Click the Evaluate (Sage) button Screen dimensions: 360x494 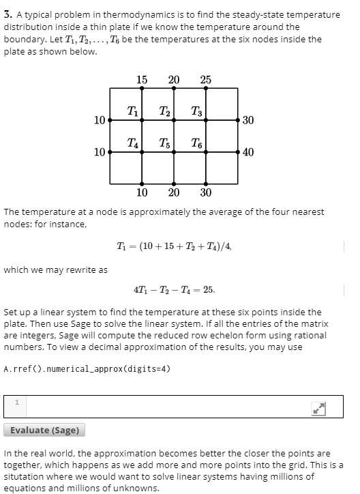pos(45,430)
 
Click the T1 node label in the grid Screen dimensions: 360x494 pos(132,111)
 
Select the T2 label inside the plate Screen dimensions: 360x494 pos(164,111)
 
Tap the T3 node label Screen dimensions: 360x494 pos(196,111)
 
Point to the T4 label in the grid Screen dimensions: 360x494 pos(133,143)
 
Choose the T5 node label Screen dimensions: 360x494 pos(164,143)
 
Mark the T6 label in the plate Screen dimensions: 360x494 pos(196,143)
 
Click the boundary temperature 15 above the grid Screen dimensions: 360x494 pos(141,80)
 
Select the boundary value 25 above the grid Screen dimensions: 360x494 pos(206,80)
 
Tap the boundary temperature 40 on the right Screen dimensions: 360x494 pos(248,152)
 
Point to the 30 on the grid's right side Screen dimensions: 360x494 pos(248,120)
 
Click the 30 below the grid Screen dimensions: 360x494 pos(206,192)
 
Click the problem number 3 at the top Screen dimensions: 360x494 pos(6,14)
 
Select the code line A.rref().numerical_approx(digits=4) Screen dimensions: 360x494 pos(87,368)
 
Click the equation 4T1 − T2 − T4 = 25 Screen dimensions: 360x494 pos(174,289)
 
